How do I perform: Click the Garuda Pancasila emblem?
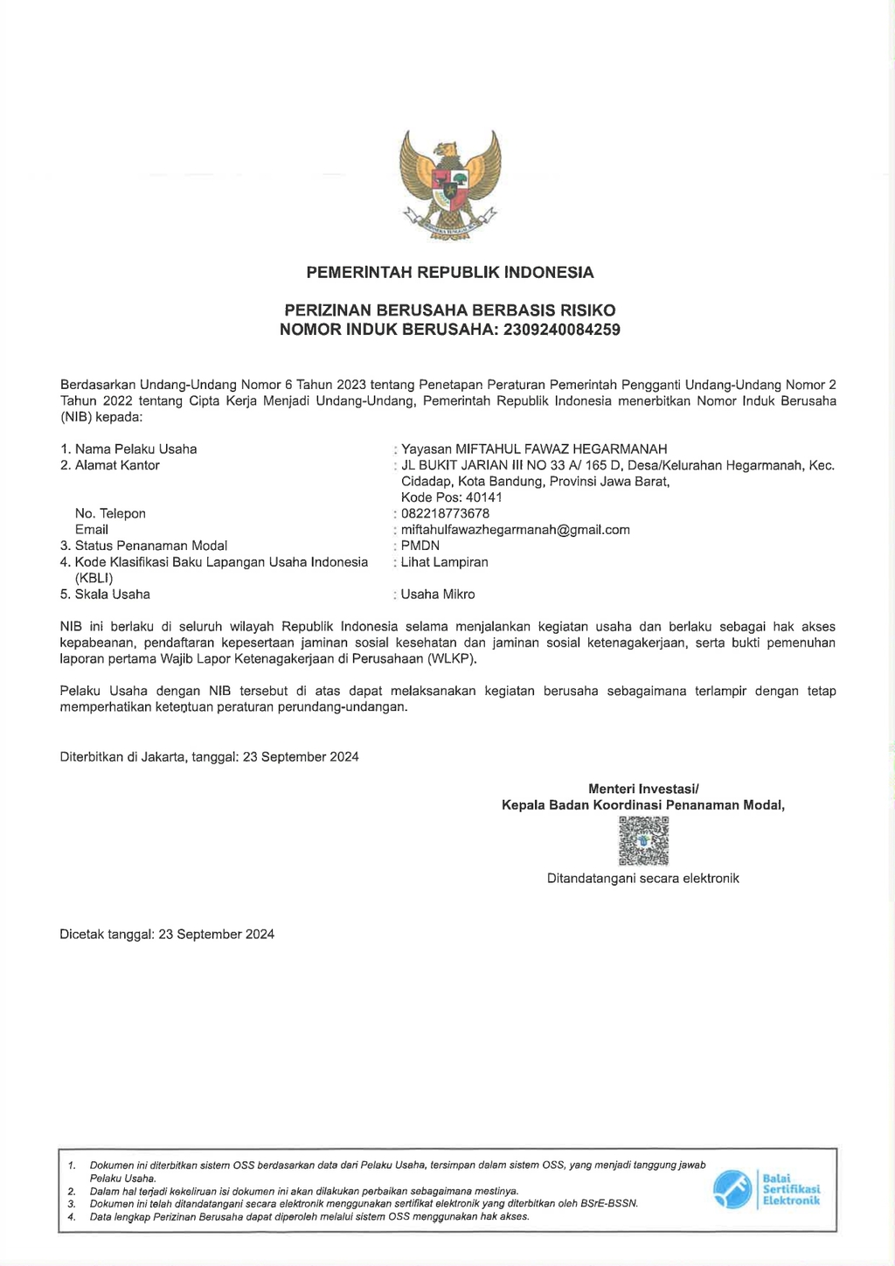(450, 184)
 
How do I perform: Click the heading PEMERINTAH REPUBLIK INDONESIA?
(450, 273)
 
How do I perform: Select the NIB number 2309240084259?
(562, 330)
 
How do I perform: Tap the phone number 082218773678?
(445, 514)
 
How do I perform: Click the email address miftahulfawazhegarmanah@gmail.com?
(515, 530)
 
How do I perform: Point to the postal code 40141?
(484, 497)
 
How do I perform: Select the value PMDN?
(420, 546)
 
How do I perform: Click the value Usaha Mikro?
(438, 595)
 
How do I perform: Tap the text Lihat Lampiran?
(444, 562)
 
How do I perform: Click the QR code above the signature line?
(643, 840)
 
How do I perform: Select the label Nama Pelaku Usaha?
(135, 449)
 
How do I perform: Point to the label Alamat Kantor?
(117, 465)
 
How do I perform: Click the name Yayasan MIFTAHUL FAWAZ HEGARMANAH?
(534, 449)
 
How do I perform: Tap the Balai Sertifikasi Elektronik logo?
(767, 1189)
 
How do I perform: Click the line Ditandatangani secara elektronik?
(643, 879)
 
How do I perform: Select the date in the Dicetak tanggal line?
(216, 935)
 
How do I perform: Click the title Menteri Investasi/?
(643, 789)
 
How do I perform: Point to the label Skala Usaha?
(112, 595)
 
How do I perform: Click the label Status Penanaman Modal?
(150, 546)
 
